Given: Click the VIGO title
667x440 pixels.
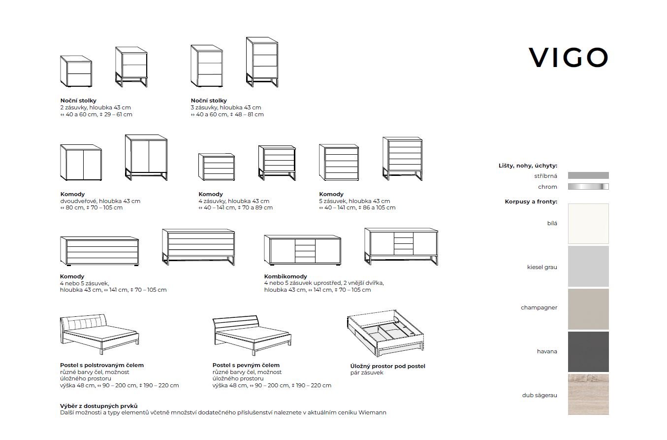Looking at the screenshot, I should coord(569,58).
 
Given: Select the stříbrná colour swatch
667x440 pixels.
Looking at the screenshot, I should coord(588,175).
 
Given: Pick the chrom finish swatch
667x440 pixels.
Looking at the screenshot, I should coord(588,187).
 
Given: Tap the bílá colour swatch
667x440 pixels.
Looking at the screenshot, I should coord(588,224).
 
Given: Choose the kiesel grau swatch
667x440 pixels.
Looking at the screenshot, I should coord(588,267).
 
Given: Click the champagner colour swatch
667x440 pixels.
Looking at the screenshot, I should coord(588,309).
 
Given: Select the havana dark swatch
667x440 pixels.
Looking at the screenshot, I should coord(588,352).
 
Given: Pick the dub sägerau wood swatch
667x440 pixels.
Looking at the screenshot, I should coord(588,394).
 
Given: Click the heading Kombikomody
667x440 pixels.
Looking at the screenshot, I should coord(286,276).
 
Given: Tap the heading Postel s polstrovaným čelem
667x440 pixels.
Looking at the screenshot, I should coord(102,365).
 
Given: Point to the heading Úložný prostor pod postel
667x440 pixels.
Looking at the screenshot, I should coord(387,366).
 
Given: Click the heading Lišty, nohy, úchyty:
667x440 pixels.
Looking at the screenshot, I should coord(528,166).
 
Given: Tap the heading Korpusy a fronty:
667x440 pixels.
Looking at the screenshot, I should coord(531,202).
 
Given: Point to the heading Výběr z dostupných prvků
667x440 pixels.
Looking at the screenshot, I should coord(98,406).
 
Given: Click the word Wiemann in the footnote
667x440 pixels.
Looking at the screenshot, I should coord(373,412).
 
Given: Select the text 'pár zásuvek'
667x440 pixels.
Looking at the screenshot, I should coord(366,373).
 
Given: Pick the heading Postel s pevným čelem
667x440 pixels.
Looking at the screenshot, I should coord(246,365).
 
